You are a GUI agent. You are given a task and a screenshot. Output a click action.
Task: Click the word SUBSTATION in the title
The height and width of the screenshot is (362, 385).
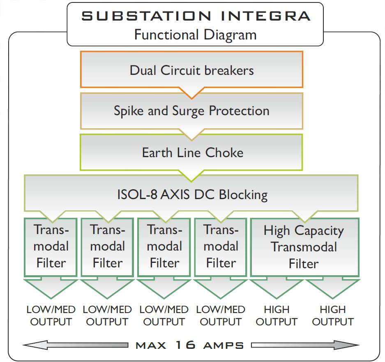[146, 16]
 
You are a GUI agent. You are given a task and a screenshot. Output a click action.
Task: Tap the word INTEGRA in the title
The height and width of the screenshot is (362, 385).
[266, 16]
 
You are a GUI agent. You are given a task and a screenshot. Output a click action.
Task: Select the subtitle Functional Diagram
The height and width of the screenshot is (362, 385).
[196, 35]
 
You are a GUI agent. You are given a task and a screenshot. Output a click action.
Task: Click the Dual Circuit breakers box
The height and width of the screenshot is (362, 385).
[191, 70]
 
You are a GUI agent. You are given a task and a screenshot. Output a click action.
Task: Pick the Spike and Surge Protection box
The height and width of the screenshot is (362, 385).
[191, 111]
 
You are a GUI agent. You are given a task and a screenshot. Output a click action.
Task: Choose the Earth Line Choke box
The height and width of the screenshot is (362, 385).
[191, 152]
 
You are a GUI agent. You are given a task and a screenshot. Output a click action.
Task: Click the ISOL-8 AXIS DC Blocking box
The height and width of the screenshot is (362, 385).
[191, 193]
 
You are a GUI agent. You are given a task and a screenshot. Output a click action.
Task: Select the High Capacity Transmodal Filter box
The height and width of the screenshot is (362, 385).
[305, 247]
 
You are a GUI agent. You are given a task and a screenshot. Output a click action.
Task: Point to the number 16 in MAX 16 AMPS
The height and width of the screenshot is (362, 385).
[186, 345]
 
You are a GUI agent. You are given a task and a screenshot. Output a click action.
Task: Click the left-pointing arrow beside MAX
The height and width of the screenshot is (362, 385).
[75, 345]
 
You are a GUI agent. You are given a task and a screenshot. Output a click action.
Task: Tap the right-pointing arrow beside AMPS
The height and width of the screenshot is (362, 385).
[305, 345]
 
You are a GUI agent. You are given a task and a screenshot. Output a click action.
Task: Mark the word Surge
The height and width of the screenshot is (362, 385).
[188, 111]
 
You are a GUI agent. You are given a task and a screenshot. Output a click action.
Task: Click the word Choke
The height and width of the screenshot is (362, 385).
[224, 153]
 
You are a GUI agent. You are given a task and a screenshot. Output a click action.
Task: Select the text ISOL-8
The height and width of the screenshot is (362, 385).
[137, 195]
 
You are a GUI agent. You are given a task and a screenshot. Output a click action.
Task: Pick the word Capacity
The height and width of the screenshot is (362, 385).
[319, 231]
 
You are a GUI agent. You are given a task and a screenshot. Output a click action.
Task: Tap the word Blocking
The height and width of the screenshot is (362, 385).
[243, 195]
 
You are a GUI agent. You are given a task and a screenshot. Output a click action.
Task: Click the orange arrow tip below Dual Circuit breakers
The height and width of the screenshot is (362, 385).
[191, 99]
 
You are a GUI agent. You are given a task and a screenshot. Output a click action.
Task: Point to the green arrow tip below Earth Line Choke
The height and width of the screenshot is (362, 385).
[191, 181]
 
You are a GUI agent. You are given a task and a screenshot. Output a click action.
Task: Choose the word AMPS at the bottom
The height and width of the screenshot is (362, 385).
[224, 346]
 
